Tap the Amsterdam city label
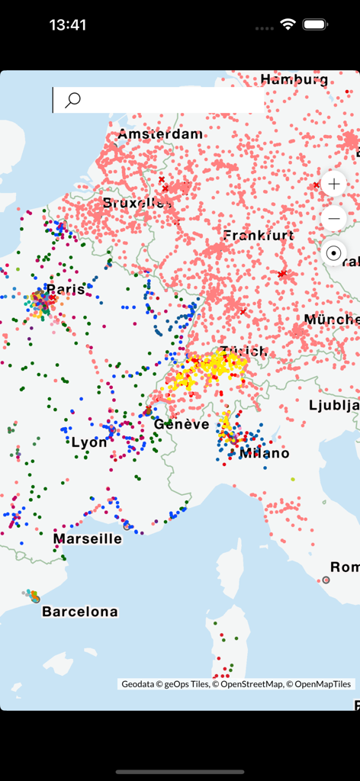click(x=160, y=134)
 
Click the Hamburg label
click(x=294, y=79)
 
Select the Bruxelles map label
click(x=137, y=204)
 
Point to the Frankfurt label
click(x=259, y=236)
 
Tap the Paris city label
click(x=66, y=290)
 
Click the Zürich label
click(x=243, y=351)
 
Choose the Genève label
click(x=182, y=425)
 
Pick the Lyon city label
click(x=89, y=442)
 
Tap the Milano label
click(x=264, y=453)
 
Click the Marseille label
click(x=87, y=538)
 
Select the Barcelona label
click(x=80, y=612)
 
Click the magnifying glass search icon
click(x=73, y=100)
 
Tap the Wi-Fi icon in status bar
click(x=288, y=24)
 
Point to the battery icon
click(x=315, y=24)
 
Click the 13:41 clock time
click(x=68, y=24)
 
